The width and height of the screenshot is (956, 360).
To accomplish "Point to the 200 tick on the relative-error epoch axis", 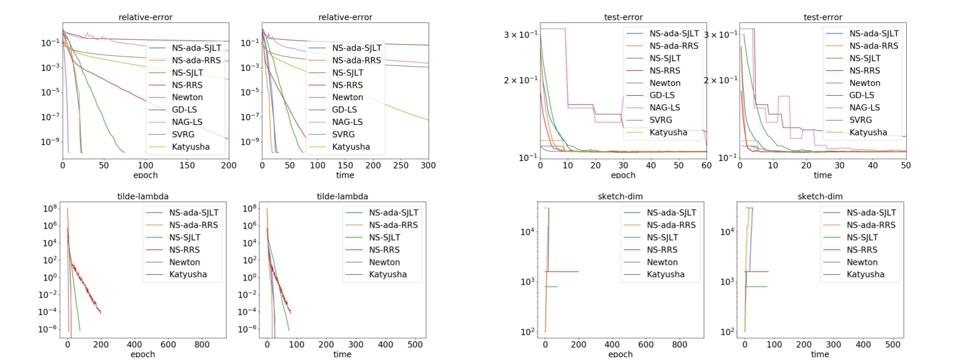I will tap(228, 165).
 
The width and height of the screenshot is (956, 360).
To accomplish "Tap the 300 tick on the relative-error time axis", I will tap(429, 165).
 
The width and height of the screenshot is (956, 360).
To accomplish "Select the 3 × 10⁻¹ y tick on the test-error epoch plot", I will tap(520, 34).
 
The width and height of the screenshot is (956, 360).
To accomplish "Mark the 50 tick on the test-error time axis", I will tap(906, 165).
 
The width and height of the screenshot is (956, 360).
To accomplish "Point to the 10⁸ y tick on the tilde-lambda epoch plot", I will tap(50, 208).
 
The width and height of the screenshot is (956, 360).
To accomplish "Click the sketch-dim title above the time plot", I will tap(819, 196).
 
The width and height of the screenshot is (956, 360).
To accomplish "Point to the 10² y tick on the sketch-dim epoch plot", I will tap(527, 332).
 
